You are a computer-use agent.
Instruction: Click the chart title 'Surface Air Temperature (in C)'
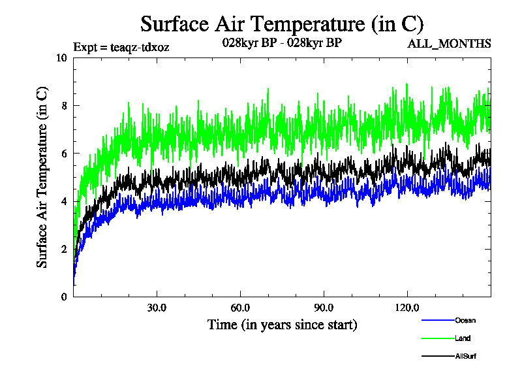(x=282, y=24)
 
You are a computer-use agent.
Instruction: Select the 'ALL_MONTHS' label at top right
(x=449, y=44)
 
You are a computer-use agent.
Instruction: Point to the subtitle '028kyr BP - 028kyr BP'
(x=282, y=43)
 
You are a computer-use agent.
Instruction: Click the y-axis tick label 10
(x=61, y=57)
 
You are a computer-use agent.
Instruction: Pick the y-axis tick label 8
(x=64, y=105)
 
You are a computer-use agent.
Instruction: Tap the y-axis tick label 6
(x=64, y=154)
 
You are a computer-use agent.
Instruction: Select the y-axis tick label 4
(x=64, y=201)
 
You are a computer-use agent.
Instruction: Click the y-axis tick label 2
(x=64, y=249)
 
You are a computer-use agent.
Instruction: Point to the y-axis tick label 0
(x=64, y=297)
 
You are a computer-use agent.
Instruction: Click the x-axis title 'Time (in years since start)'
(x=282, y=324)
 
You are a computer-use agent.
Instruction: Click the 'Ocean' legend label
(x=465, y=320)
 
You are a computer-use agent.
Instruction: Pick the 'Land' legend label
(x=463, y=338)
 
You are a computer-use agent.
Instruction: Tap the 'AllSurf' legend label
(x=465, y=356)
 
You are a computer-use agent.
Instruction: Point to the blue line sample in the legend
(x=437, y=320)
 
